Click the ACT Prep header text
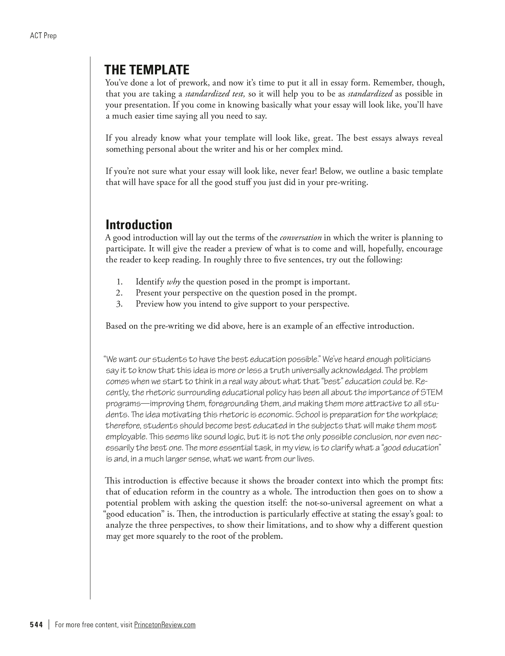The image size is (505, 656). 43,36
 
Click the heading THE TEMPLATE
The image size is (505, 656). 147,70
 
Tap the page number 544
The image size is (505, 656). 36,625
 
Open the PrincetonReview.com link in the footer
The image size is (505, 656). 165,625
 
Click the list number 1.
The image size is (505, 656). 120,282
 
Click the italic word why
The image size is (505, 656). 173,282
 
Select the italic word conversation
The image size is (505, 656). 301,238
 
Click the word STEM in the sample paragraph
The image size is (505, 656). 431,393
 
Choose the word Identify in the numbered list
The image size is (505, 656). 150,282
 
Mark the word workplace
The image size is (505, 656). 417,415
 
